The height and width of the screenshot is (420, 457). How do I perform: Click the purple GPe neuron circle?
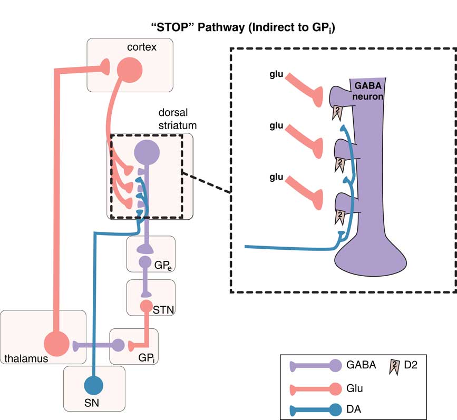click(145, 261)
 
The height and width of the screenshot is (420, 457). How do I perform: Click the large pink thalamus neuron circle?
click(56, 344)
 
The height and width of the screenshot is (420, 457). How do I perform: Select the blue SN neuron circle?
click(94, 385)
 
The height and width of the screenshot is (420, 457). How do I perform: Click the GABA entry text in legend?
click(361, 363)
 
